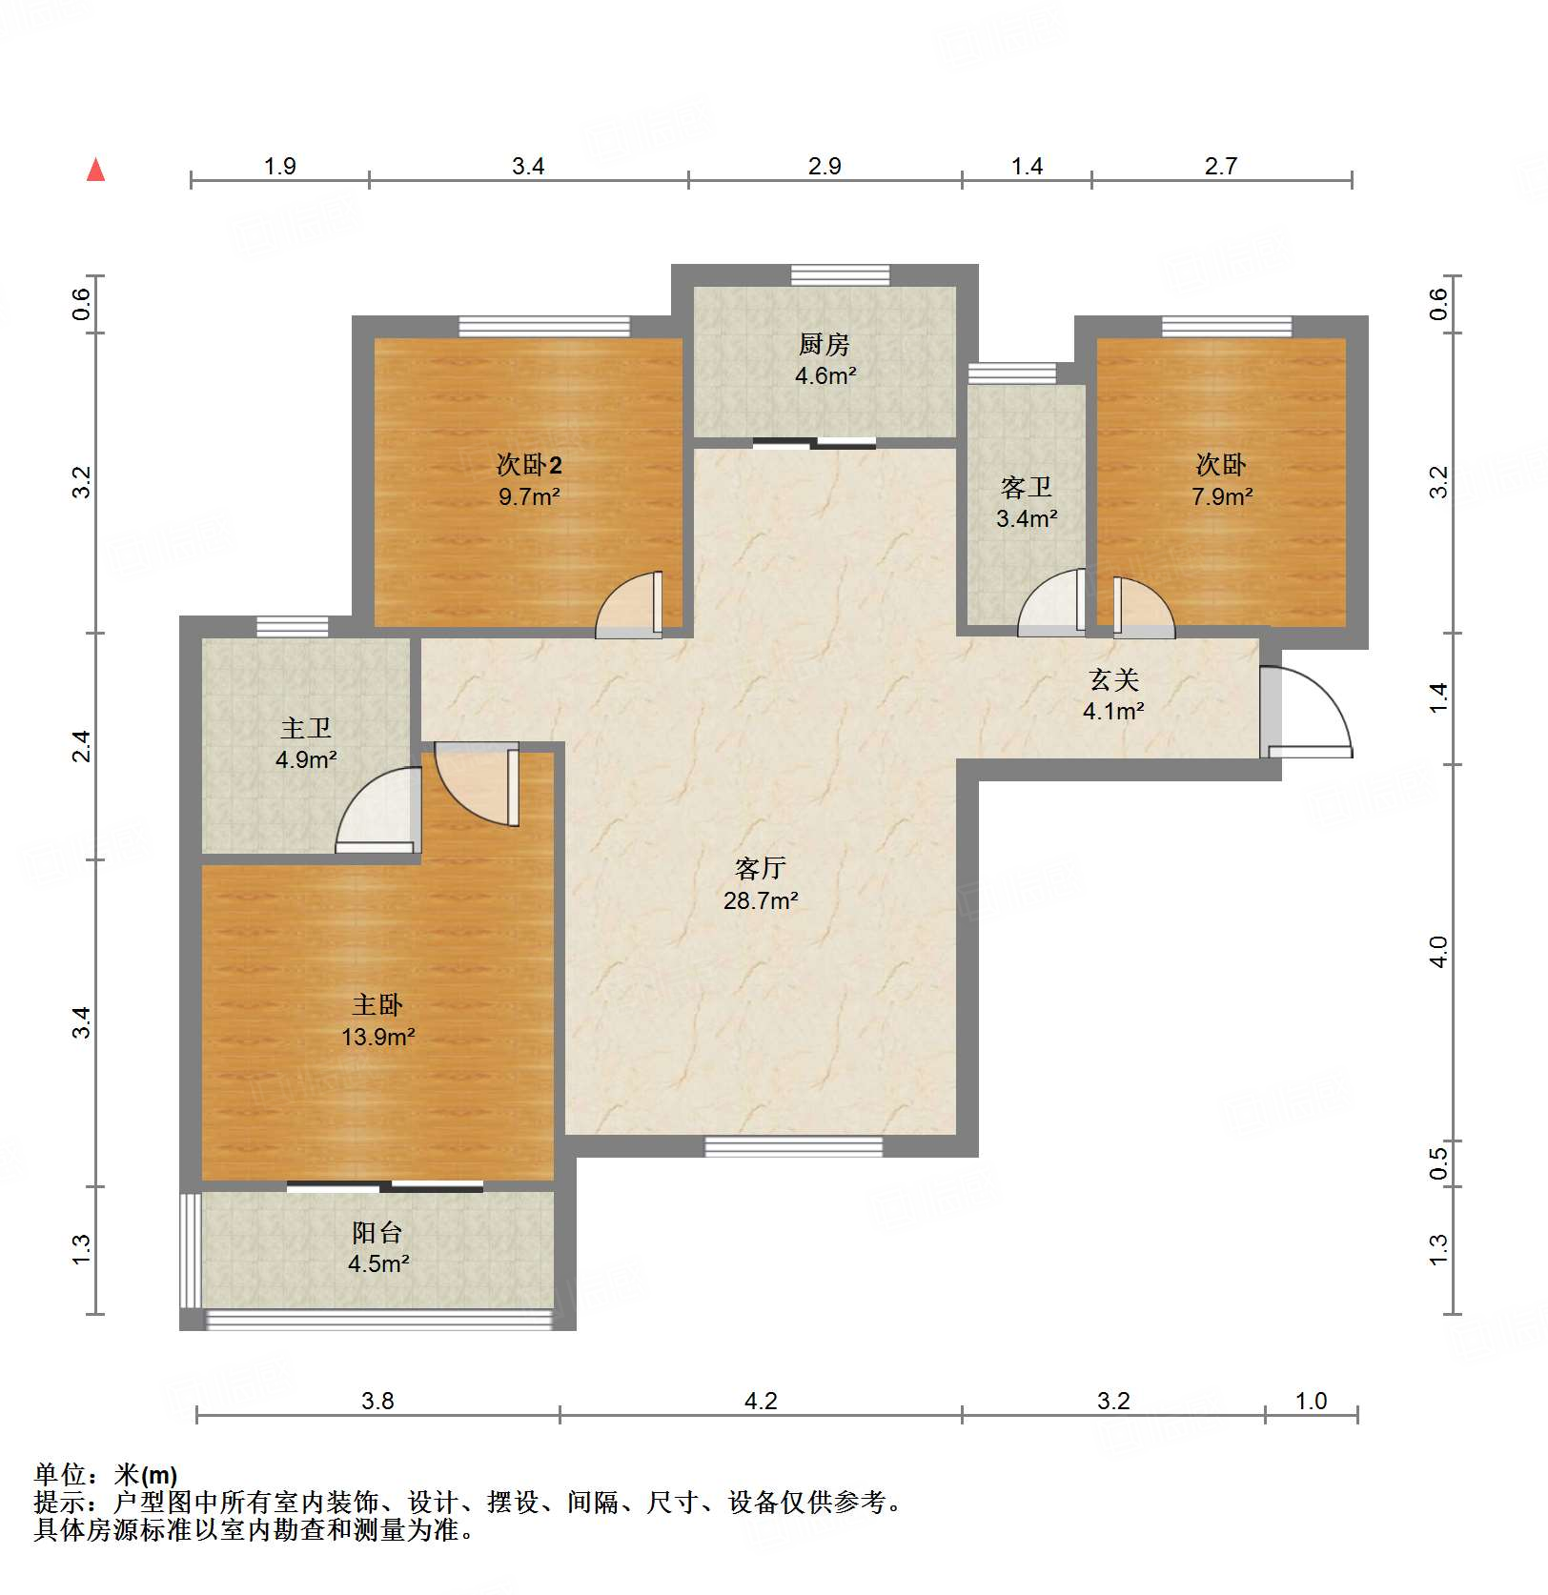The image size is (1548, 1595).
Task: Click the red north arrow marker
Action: pos(95,170)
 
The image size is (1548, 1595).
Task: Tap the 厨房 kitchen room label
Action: pos(824,344)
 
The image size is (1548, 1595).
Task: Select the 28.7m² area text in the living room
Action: pos(761,900)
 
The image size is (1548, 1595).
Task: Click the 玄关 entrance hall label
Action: pos(1114,679)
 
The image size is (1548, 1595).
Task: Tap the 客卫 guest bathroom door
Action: pos(1052,602)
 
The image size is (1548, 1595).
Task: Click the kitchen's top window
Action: pos(840,275)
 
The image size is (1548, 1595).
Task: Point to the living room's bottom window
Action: pos(793,1146)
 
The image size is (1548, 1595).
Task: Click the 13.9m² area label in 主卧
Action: pos(378,1037)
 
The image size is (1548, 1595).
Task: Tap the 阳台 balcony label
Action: pos(377,1232)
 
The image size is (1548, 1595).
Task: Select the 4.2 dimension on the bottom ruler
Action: pos(761,1401)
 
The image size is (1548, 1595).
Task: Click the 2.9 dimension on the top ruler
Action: pos(825,166)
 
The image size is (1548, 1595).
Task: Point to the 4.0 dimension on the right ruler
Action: pos(1438,952)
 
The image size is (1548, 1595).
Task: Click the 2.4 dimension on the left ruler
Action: pos(82,745)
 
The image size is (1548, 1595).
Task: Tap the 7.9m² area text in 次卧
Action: pos(1222,496)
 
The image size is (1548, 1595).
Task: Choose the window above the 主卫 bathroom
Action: pos(293,626)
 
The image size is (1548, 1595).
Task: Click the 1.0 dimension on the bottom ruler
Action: pos(1312,1401)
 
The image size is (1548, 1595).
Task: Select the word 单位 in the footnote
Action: pos(60,1475)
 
